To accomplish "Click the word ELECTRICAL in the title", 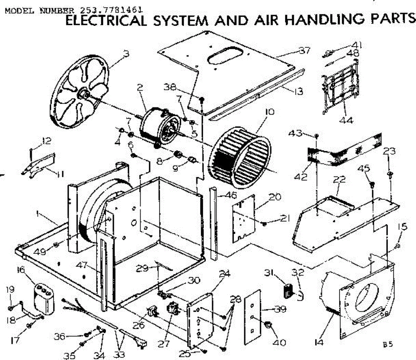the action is [x=106, y=20].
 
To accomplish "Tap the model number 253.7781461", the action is [x=111, y=10].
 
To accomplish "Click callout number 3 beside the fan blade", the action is [x=126, y=54].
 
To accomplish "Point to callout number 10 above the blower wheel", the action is [x=270, y=112].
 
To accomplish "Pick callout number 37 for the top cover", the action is [x=305, y=50].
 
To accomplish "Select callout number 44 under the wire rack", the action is [x=346, y=120].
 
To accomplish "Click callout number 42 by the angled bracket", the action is [x=301, y=177].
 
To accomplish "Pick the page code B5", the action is [x=388, y=344].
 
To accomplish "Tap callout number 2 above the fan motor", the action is [x=140, y=87].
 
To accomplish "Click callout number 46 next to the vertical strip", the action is [x=231, y=195].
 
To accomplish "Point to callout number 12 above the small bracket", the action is [x=46, y=141].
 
